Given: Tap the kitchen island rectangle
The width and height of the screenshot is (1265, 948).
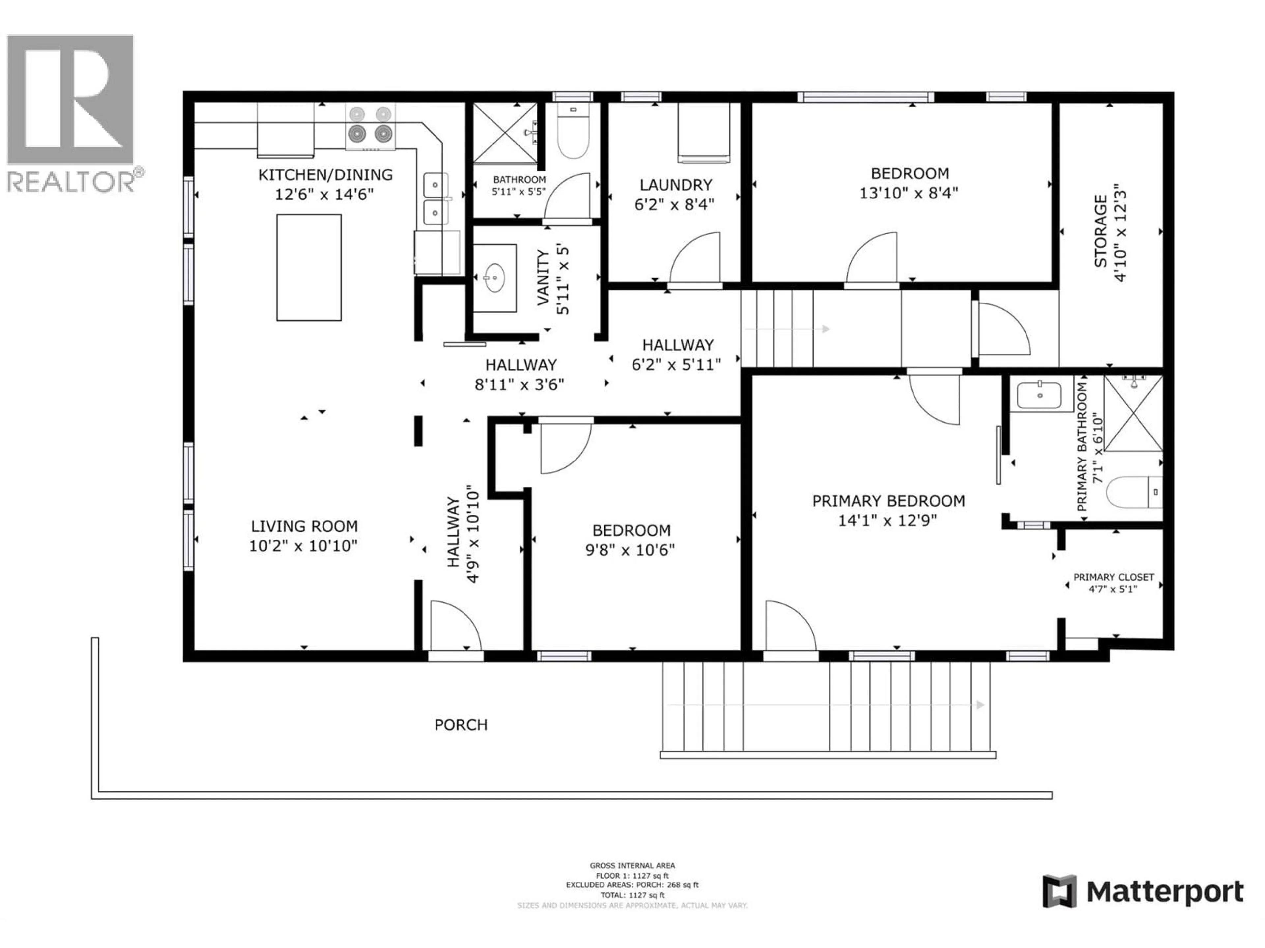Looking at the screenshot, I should [309, 267].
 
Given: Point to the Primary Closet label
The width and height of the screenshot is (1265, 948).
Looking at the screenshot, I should [1113, 577].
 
